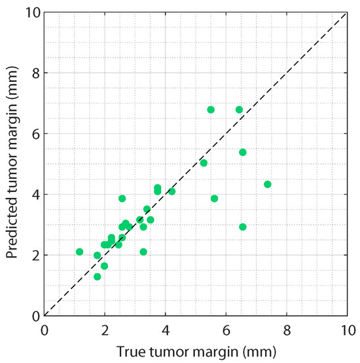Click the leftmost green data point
click(x=80, y=252)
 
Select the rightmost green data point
click(x=267, y=184)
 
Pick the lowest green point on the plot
click(x=98, y=277)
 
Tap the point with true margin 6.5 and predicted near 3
click(x=243, y=227)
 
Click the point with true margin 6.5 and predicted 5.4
click(x=243, y=152)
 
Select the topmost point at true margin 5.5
click(x=211, y=109)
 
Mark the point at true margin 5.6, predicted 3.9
click(x=214, y=199)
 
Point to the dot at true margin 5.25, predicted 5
click(x=204, y=163)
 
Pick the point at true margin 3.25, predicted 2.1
click(x=143, y=252)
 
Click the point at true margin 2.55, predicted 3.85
click(x=122, y=199)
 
